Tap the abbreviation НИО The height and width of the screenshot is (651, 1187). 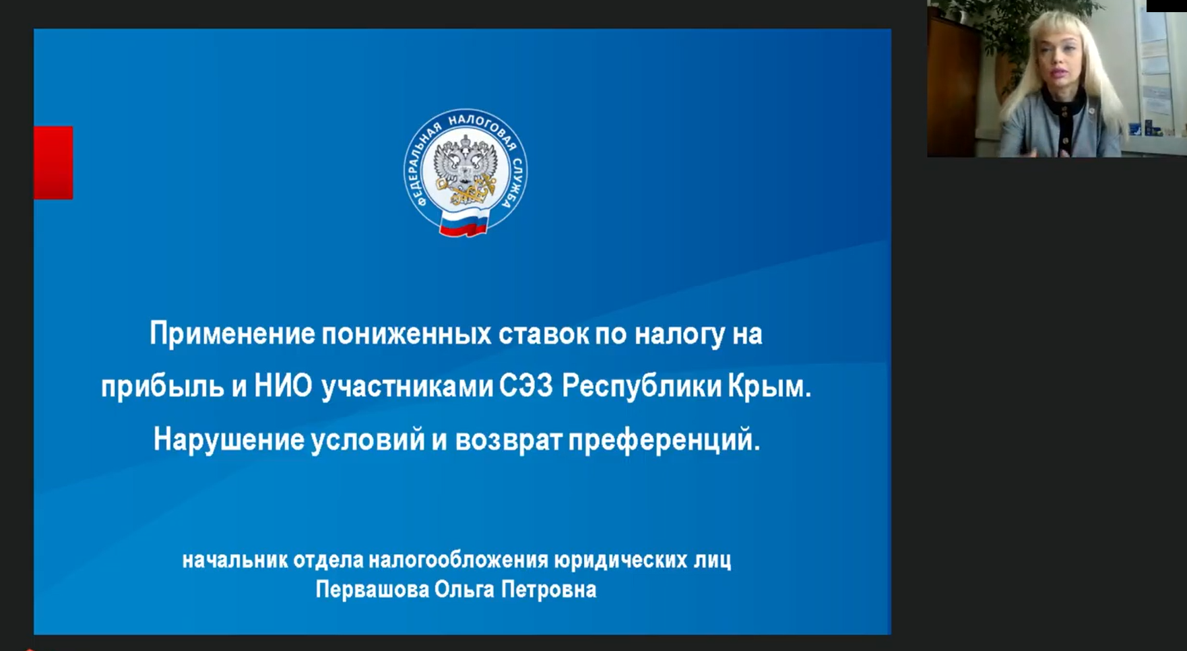pyautogui.click(x=283, y=386)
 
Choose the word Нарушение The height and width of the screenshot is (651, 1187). pyautogui.click(x=228, y=440)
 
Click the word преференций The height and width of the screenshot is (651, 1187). pyautogui.click(x=664, y=440)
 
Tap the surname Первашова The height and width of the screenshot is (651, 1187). pyautogui.click(x=372, y=590)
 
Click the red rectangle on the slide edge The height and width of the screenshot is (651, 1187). pyautogui.click(x=53, y=162)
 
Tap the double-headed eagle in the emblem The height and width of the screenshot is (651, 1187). pyautogui.click(x=465, y=170)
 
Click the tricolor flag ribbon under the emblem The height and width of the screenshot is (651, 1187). pyautogui.click(x=463, y=223)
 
